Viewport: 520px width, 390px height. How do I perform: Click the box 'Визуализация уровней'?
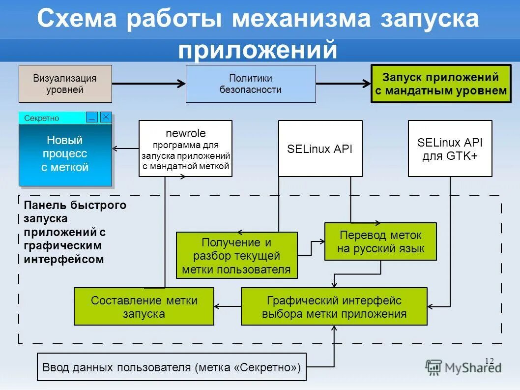[x=65, y=84]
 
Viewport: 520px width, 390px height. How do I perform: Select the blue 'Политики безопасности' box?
[x=251, y=84]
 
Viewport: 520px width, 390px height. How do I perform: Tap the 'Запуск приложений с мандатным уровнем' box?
[x=440, y=84]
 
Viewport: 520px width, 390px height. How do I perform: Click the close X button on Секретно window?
[x=106, y=117]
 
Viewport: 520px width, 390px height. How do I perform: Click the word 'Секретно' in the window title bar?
[x=42, y=118]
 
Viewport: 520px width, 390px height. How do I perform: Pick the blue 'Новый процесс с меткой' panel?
[x=65, y=154]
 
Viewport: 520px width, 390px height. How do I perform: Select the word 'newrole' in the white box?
[x=185, y=133]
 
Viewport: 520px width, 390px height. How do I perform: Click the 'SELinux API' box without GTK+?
[x=320, y=149]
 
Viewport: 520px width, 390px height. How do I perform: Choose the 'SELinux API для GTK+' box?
[x=450, y=149]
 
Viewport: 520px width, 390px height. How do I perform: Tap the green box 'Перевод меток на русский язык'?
[x=380, y=241]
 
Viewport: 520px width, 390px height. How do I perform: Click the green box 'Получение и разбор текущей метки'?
[x=236, y=255]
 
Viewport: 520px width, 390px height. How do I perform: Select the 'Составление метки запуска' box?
[x=144, y=306]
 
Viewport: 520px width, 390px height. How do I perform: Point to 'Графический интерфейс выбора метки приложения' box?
[x=334, y=306]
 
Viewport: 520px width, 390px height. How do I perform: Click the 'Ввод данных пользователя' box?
[x=172, y=367]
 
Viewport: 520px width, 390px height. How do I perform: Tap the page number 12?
[x=489, y=361]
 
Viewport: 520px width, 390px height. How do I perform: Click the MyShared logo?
[x=463, y=367]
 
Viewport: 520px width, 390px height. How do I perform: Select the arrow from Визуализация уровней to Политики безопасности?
[x=148, y=84]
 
